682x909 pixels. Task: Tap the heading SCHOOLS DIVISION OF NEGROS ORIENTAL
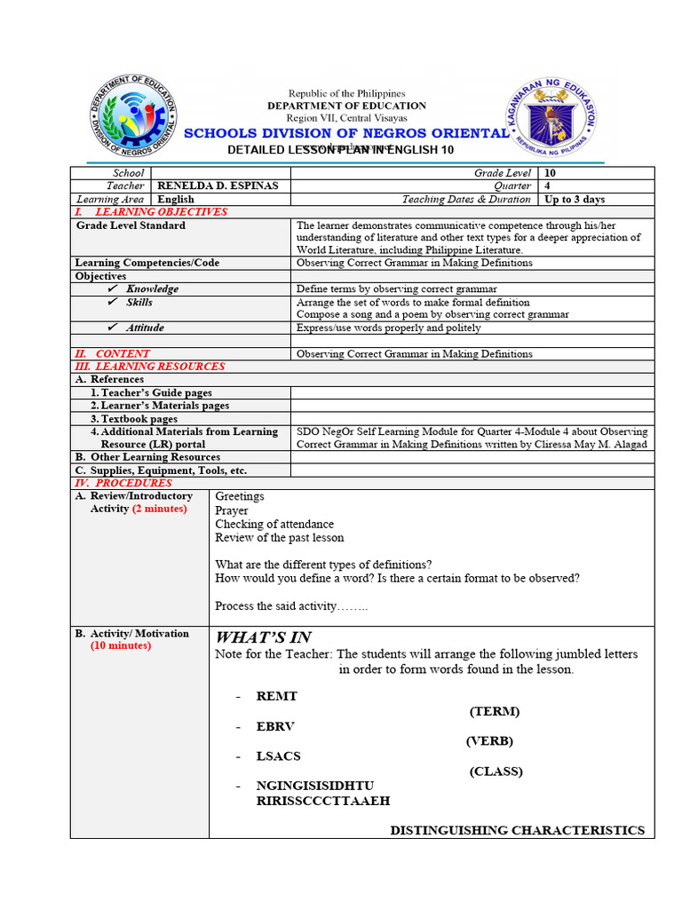click(346, 133)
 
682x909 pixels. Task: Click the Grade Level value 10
click(551, 173)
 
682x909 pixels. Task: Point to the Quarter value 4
click(549, 186)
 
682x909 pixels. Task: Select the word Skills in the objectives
click(139, 303)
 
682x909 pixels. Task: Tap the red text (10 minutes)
click(121, 646)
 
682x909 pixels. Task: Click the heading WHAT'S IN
click(263, 637)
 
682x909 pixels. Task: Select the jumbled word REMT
click(277, 697)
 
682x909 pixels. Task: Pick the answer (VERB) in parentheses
click(489, 741)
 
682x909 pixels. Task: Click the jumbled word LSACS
click(279, 756)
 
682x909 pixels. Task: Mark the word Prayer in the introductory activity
click(232, 510)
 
